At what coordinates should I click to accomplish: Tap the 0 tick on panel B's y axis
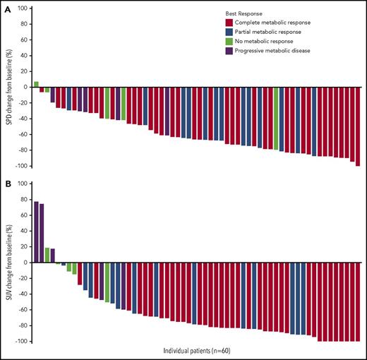tap(25, 263)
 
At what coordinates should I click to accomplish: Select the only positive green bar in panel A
tap(36, 84)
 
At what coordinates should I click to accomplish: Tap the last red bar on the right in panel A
tap(358, 126)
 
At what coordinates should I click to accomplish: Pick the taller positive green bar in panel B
tap(47, 255)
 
